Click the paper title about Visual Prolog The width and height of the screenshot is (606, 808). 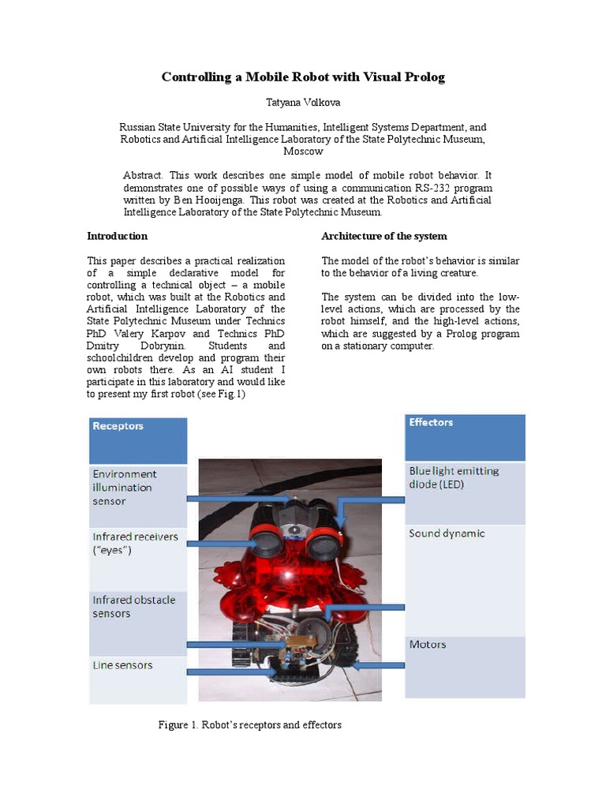click(303, 77)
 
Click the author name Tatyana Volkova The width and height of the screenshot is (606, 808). click(303, 102)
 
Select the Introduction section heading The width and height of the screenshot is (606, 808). click(117, 236)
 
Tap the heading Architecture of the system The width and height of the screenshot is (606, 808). click(383, 236)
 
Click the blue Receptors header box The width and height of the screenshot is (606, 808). click(138, 440)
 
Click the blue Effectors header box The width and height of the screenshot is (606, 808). click(464, 437)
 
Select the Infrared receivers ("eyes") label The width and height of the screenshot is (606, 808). click(135, 543)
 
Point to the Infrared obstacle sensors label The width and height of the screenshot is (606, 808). click(134, 607)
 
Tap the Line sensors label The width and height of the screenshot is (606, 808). click(123, 665)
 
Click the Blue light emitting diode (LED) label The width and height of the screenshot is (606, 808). click(454, 477)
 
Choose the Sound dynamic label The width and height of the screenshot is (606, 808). click(447, 534)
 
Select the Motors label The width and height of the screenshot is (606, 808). click(428, 645)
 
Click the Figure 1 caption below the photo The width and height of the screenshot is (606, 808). click(250, 724)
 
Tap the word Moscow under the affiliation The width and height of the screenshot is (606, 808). click(303, 151)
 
